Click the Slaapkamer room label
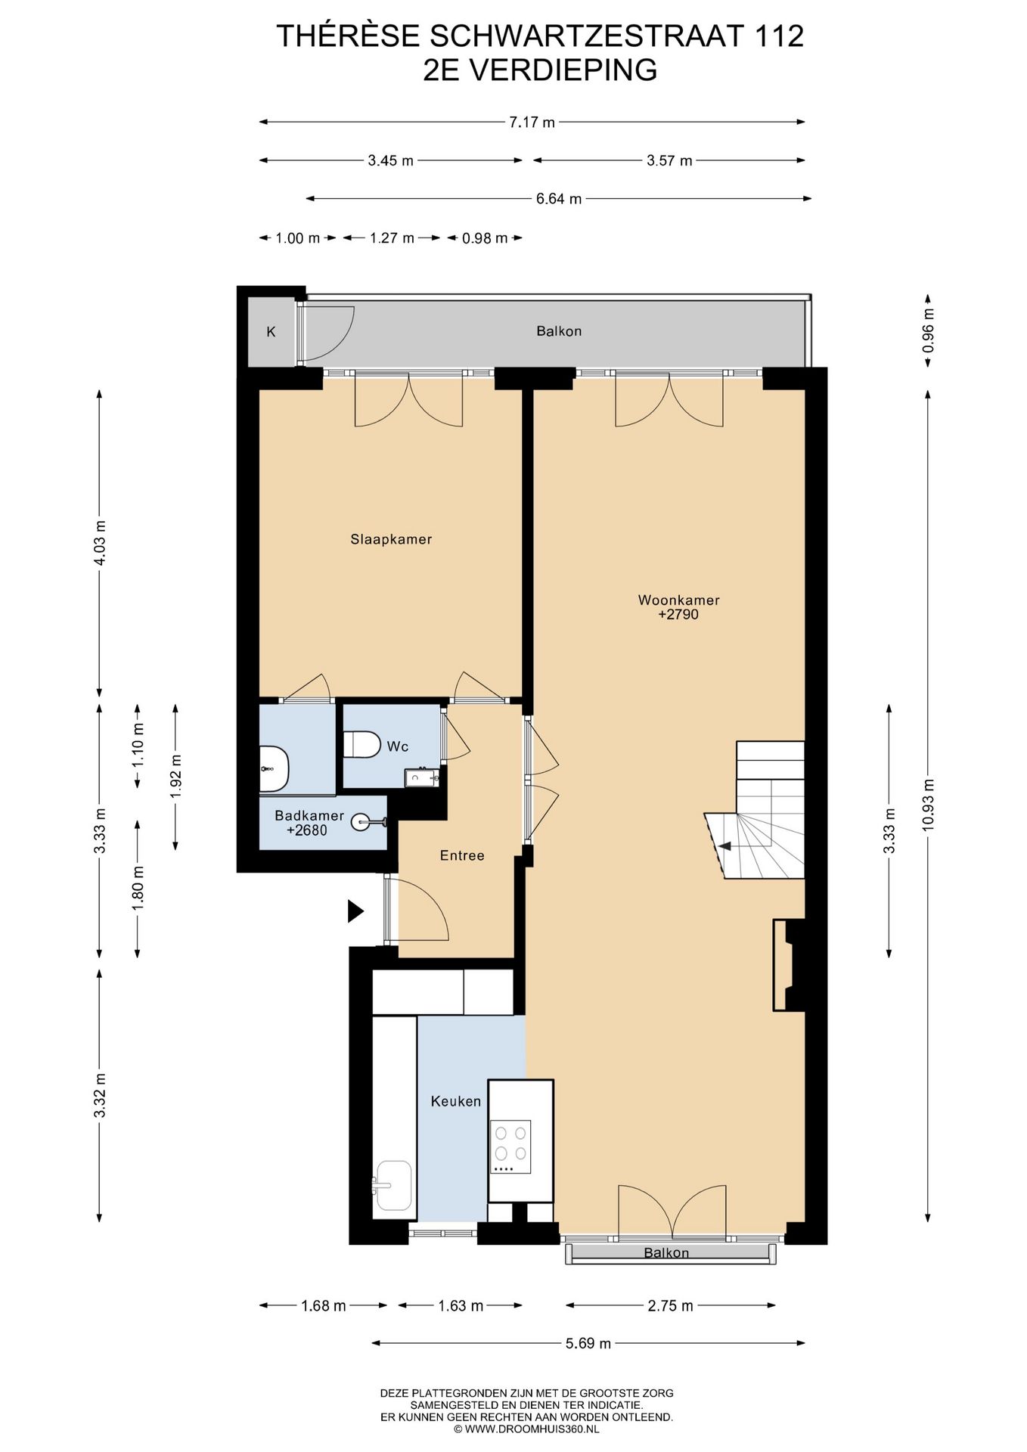coord(391,539)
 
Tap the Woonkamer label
coord(678,600)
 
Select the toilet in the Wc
coord(361,744)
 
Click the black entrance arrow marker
coord(355,911)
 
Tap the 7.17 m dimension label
coord(532,122)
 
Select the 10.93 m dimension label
coord(928,805)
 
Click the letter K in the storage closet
coord(271,331)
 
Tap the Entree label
coord(462,855)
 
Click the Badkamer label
coord(309,816)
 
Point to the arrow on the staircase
coord(724,846)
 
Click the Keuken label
coord(456,1101)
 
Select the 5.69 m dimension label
coord(588,1344)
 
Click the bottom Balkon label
coord(666,1253)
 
